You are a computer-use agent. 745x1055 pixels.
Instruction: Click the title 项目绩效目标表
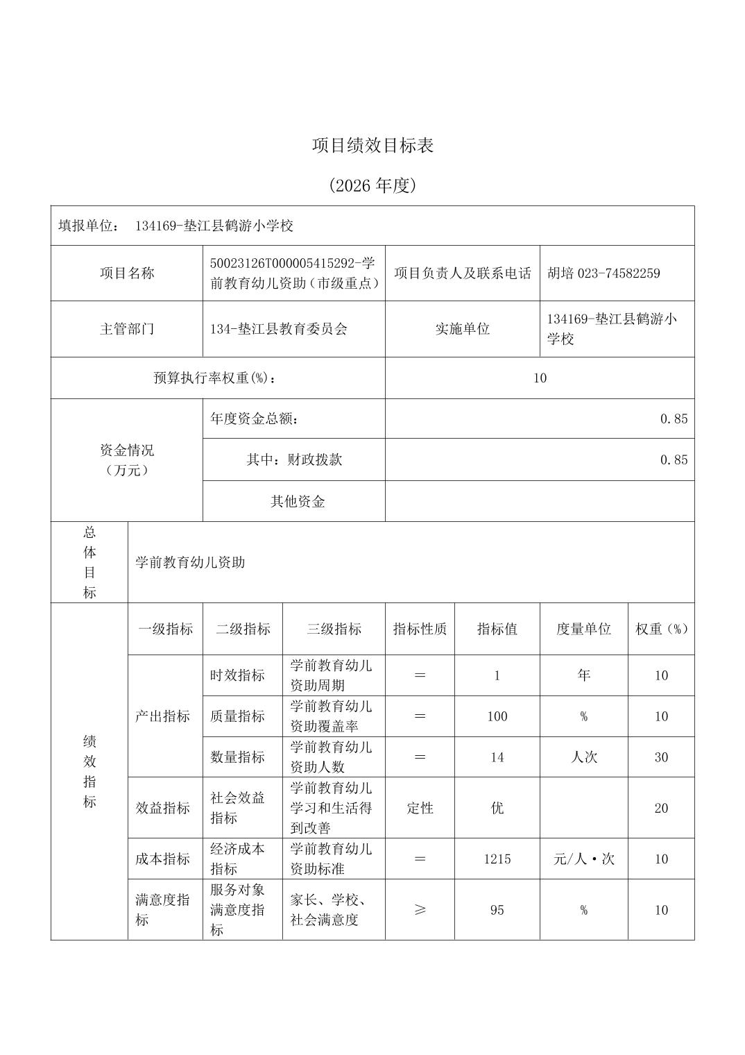click(372, 146)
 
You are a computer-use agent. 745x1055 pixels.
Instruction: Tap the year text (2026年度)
click(372, 185)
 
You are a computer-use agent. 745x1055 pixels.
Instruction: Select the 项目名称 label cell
click(126, 273)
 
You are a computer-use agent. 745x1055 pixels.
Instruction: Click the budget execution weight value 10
click(540, 378)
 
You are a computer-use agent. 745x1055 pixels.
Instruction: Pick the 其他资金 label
click(297, 501)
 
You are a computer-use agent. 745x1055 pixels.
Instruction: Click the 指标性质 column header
click(420, 629)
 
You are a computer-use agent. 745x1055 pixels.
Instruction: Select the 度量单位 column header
click(583, 629)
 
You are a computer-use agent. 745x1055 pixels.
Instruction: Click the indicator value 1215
click(497, 859)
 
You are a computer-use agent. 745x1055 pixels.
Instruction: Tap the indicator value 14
click(497, 757)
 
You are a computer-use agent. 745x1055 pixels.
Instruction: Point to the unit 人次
click(583, 757)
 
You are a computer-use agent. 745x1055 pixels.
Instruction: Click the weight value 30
click(660, 757)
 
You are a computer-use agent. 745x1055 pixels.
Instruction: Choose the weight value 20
click(660, 808)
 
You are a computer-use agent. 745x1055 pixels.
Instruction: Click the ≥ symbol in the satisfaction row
click(420, 910)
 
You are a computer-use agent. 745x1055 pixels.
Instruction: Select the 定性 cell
click(420, 808)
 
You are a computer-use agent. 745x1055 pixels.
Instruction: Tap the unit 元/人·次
click(583, 859)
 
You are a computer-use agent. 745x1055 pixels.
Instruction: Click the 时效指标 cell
click(237, 675)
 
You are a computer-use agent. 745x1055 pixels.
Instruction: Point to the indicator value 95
click(497, 910)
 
